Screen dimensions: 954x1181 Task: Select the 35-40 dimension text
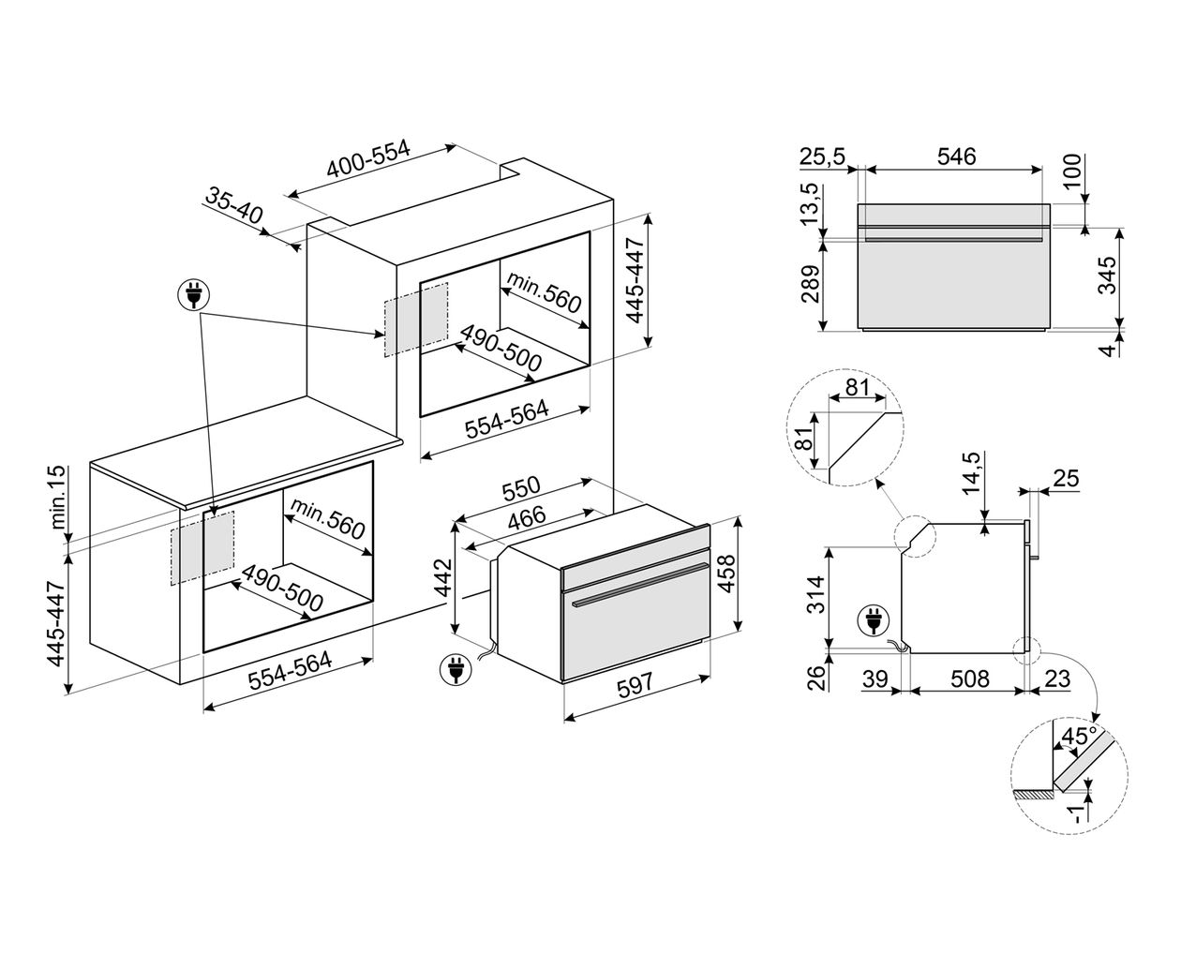pos(234,206)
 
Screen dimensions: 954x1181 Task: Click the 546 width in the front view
pos(956,157)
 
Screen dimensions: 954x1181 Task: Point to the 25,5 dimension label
pos(823,157)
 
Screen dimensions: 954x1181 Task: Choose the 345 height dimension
pos(1107,276)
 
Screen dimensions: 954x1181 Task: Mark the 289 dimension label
pos(811,286)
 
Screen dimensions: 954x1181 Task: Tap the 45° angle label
pos(1076,737)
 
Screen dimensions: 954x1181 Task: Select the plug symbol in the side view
pos(874,620)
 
